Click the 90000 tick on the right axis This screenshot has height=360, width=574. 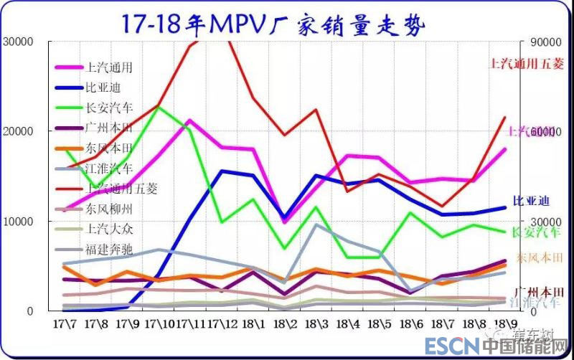click(x=545, y=41)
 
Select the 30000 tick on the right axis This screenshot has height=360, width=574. click(x=545, y=221)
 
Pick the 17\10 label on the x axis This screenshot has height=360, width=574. click(x=159, y=323)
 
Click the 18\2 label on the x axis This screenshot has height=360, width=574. click(x=286, y=323)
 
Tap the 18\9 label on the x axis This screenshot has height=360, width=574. click(x=507, y=323)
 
